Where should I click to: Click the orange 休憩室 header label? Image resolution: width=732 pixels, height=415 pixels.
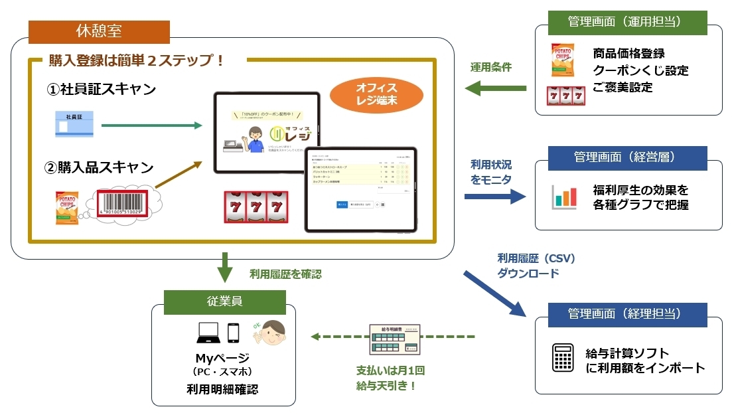click(99, 32)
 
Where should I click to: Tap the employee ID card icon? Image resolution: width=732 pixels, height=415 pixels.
click(77, 125)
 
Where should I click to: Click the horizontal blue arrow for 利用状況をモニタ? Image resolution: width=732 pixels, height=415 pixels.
click(494, 196)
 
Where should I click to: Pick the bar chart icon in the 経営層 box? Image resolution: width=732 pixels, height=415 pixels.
click(565, 197)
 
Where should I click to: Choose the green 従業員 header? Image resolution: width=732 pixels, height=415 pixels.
click(225, 301)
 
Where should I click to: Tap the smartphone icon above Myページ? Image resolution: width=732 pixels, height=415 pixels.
click(233, 333)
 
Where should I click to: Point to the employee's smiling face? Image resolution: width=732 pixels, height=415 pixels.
click(271, 333)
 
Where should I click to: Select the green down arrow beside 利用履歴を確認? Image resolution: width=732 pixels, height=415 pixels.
click(226, 270)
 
